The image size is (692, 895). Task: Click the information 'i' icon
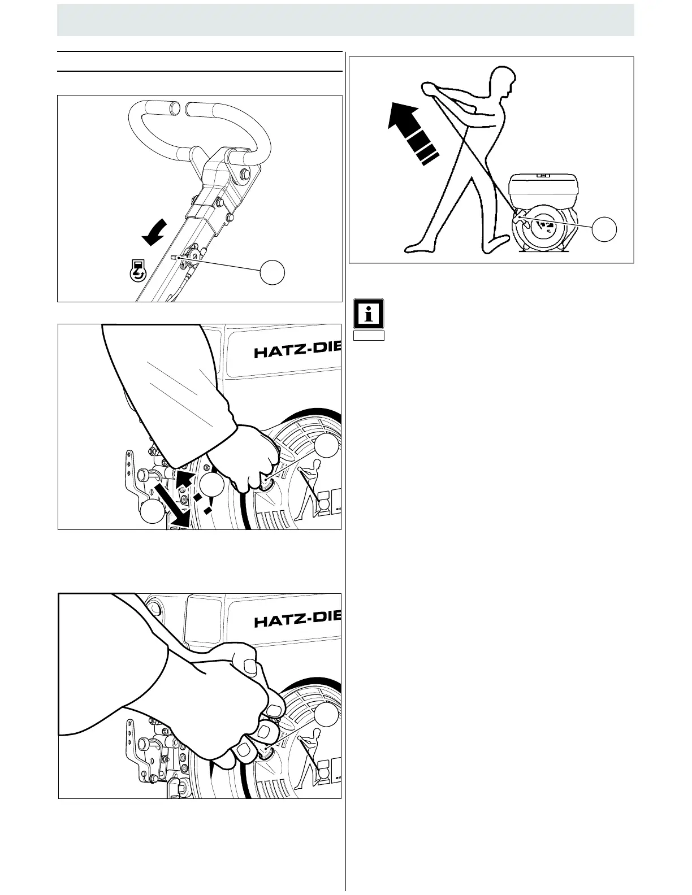[369, 314]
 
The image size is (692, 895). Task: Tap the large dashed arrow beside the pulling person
[411, 132]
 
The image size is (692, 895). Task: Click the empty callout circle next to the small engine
[604, 229]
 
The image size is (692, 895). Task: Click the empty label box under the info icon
[369, 336]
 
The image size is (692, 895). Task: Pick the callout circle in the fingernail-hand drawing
[327, 715]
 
